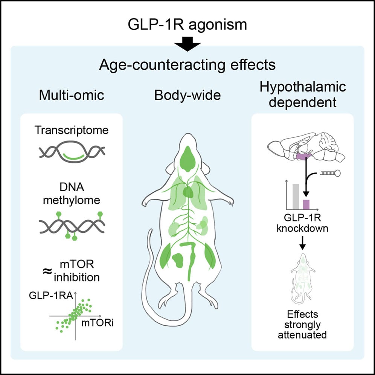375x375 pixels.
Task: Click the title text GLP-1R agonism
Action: (187, 25)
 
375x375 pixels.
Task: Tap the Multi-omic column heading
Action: (71, 96)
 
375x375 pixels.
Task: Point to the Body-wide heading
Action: (187, 96)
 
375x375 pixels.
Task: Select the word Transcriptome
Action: (72, 130)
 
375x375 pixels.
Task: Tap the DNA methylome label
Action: (72, 193)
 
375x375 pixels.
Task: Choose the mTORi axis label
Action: (96, 323)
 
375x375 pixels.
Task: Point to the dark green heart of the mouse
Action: (188, 193)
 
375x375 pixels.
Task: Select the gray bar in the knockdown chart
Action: (296, 196)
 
